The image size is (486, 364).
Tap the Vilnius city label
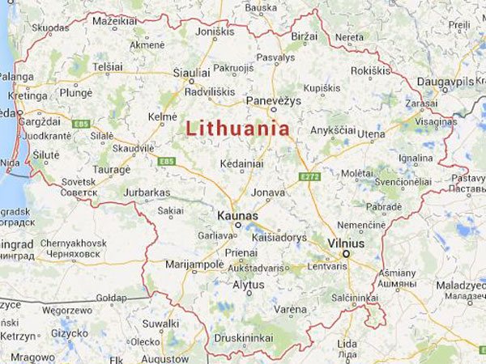point(346,243)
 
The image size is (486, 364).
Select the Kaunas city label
point(237,216)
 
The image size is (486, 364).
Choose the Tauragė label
point(111,170)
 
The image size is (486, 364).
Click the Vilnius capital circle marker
point(346,255)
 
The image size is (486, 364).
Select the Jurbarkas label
point(147,193)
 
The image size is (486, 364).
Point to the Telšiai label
point(107,66)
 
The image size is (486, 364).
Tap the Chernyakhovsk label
point(73,243)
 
